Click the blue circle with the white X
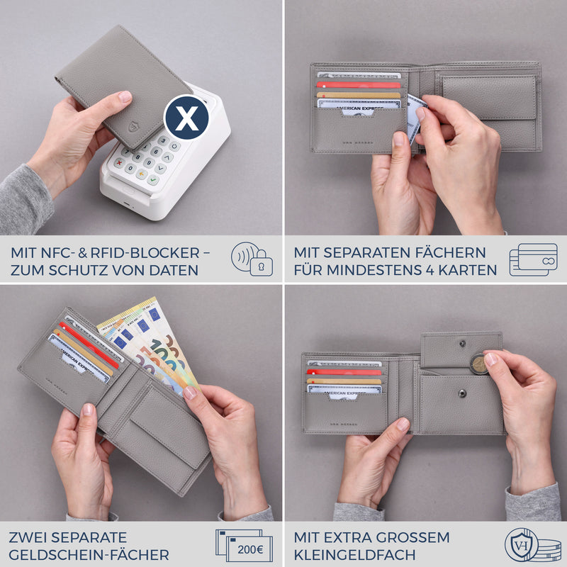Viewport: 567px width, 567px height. pos(186,118)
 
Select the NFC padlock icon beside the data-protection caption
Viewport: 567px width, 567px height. pos(252,259)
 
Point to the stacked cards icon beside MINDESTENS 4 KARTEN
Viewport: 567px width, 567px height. pos(533,259)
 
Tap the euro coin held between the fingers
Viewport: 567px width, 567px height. pos(479,364)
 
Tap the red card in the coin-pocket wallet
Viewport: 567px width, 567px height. pos(344,371)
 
